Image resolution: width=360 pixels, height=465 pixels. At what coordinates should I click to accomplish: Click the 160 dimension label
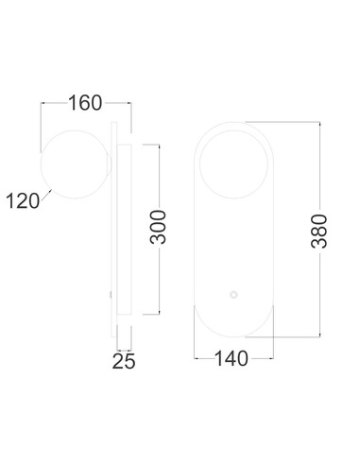[x=85, y=103]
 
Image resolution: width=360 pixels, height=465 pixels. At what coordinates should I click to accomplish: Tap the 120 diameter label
[x=23, y=201]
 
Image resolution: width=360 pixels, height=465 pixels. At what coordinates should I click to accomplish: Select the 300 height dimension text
[x=158, y=227]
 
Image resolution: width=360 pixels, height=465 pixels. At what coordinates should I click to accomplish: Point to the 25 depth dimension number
[x=124, y=361]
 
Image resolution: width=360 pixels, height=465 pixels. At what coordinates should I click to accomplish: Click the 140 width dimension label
[x=231, y=358]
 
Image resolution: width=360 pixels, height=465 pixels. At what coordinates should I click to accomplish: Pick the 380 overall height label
[x=319, y=231]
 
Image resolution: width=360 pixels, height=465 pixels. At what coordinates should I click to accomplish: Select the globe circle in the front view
[x=199, y=164]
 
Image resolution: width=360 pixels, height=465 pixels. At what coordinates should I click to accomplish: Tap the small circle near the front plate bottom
[x=233, y=295]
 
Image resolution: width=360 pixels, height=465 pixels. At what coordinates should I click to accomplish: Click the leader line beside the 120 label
[x=46, y=195]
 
